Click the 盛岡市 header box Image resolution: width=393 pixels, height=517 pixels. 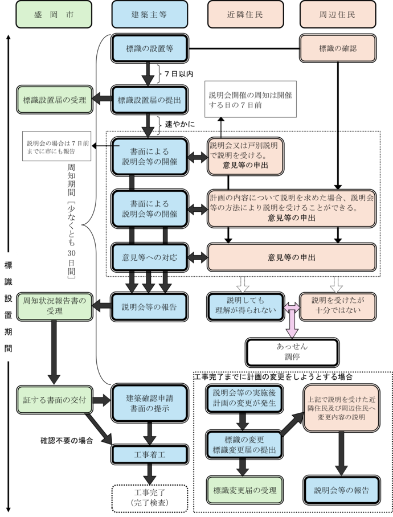[54, 14]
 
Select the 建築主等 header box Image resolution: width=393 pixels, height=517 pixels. [150, 14]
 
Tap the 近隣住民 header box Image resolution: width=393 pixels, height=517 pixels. [243, 14]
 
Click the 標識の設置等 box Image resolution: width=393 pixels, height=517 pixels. [150, 48]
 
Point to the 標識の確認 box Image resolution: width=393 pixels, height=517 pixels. [338, 48]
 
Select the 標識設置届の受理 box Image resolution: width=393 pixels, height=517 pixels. [54, 100]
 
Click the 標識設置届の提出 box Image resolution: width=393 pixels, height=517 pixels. [150, 100]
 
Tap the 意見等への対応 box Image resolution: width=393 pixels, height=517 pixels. [150, 257]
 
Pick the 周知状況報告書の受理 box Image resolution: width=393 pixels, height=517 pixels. [54, 306]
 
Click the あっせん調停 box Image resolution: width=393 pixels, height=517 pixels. [292, 352]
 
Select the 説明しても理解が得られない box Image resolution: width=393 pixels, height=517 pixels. [245, 306]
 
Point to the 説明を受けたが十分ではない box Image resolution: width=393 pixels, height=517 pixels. [338, 306]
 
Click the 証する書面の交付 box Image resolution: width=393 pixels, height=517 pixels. [54, 400]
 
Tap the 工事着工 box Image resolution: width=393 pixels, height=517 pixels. [150, 454]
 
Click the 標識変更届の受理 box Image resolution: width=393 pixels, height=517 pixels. [243, 490]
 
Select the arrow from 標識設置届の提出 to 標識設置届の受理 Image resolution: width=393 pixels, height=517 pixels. [103, 100]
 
